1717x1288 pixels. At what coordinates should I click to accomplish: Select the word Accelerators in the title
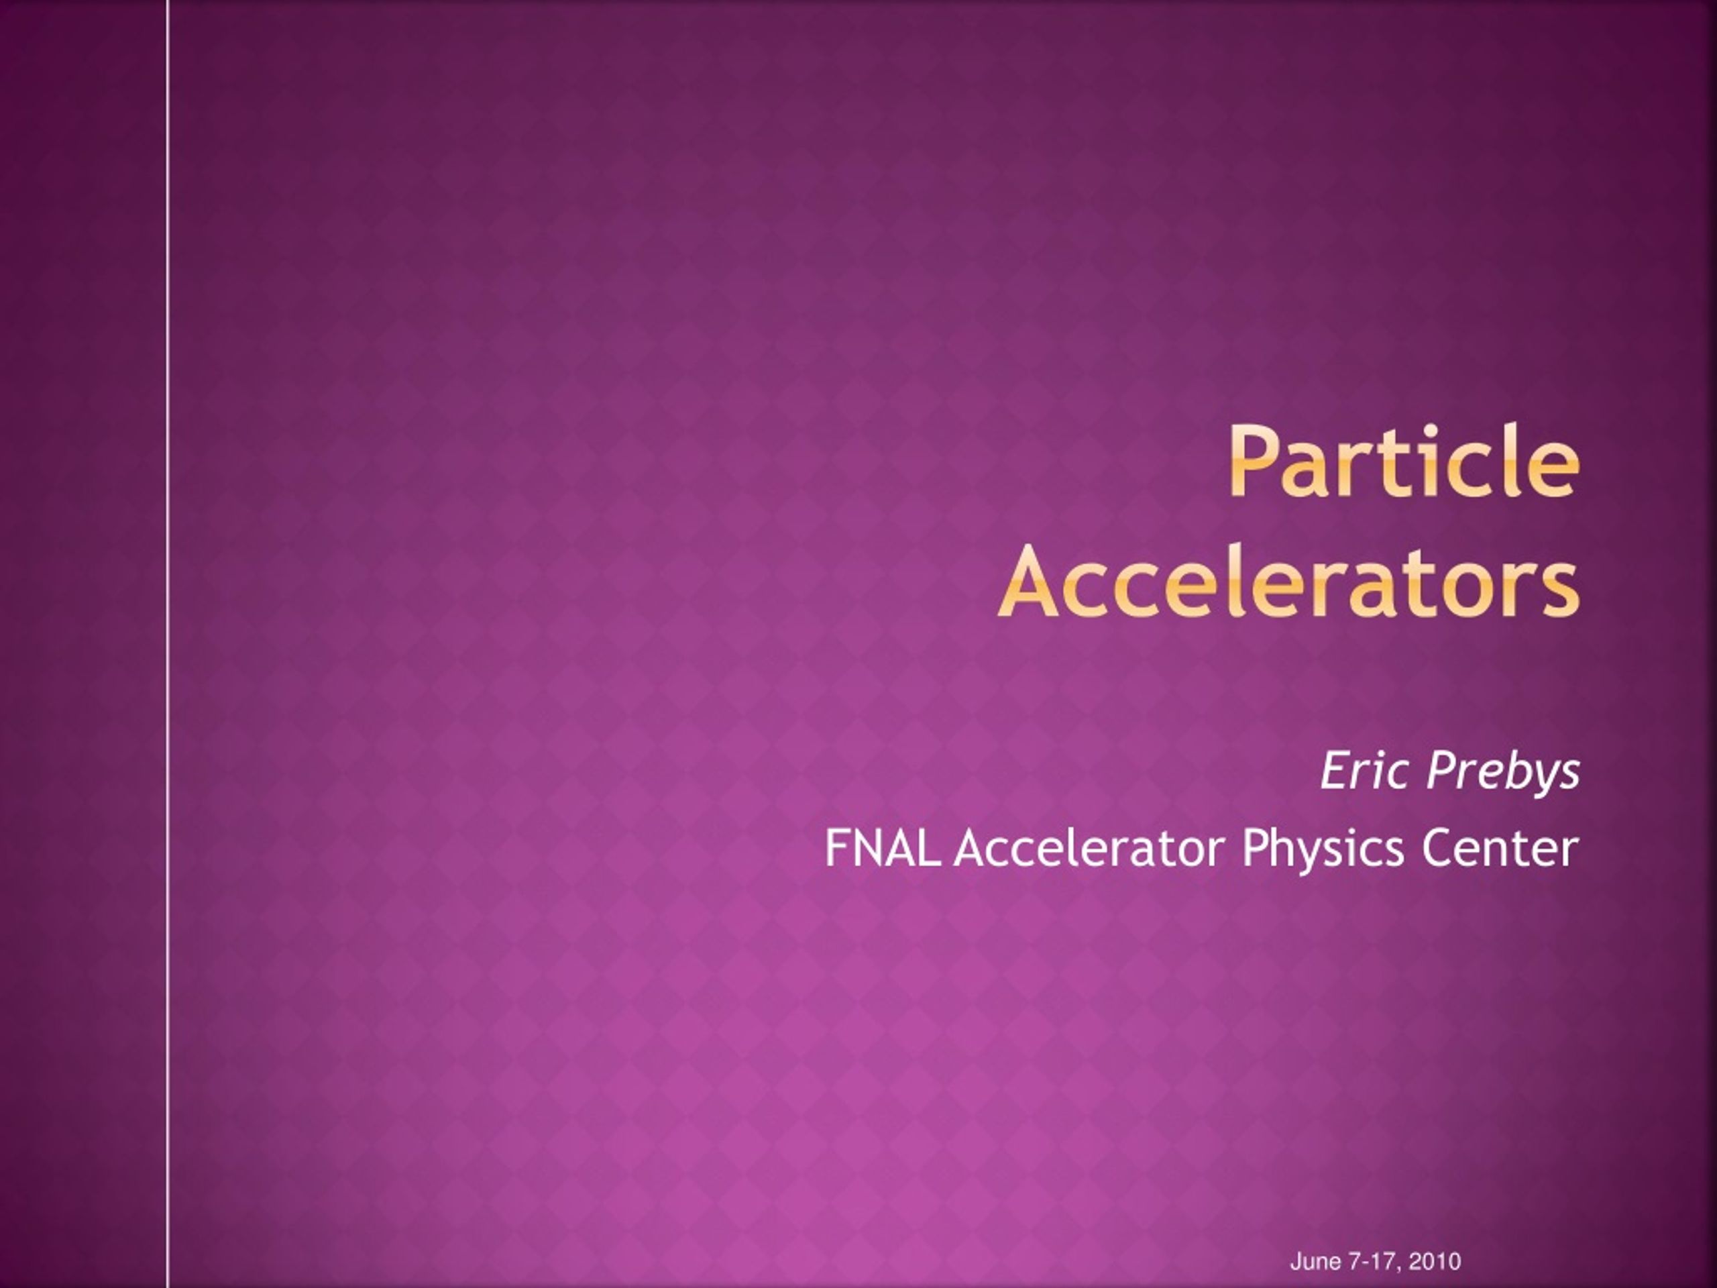point(1289,582)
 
